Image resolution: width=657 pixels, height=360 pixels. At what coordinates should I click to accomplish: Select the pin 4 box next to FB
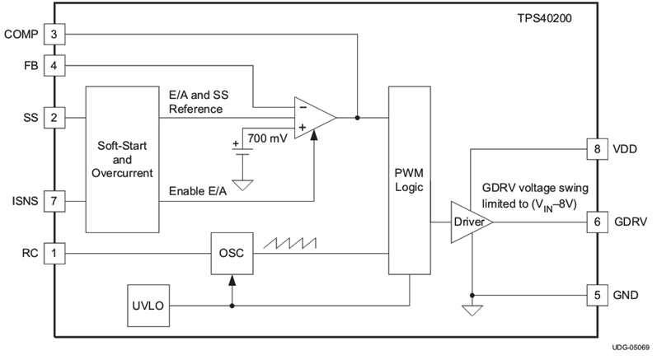pyautogui.click(x=54, y=63)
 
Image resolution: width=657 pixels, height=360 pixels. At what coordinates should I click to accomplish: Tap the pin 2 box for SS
pyautogui.click(x=54, y=117)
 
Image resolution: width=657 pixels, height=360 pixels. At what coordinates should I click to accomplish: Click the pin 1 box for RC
pyautogui.click(x=54, y=254)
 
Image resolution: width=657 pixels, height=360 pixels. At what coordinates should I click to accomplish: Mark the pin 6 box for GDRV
pyautogui.click(x=596, y=222)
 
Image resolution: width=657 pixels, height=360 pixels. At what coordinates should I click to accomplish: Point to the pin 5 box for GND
pyautogui.click(x=596, y=294)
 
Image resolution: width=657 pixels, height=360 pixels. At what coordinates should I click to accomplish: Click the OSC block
pyautogui.click(x=232, y=254)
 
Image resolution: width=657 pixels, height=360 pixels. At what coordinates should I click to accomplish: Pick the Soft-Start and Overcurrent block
pyautogui.click(x=123, y=159)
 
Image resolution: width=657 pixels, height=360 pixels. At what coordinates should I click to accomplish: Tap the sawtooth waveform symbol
pyautogui.click(x=289, y=243)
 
